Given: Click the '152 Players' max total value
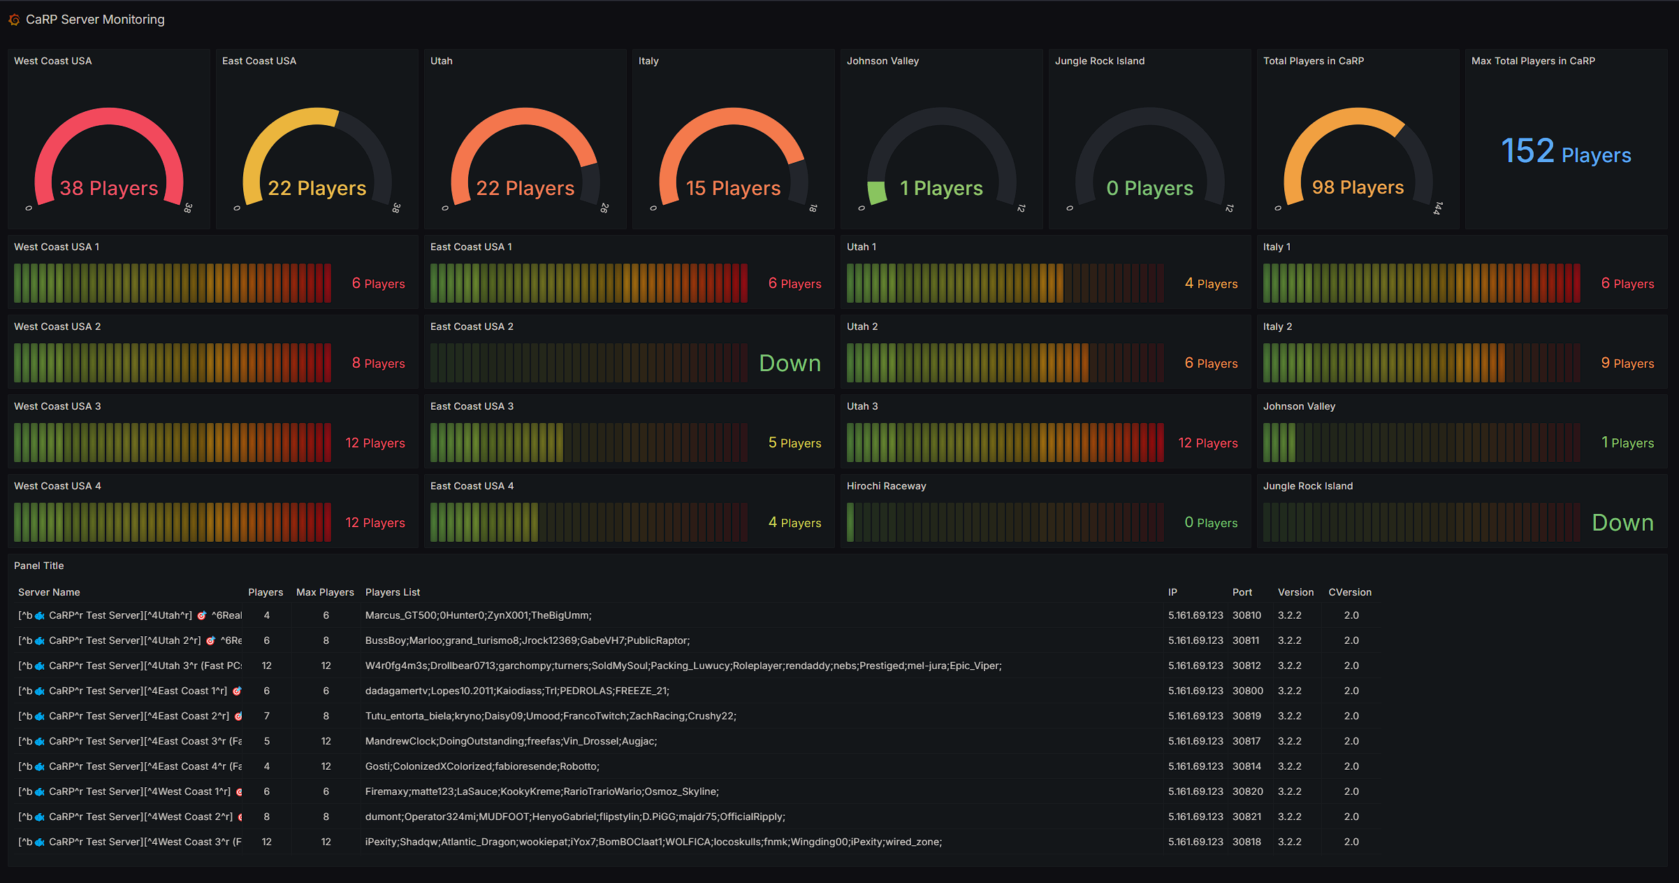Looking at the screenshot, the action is click(x=1566, y=152).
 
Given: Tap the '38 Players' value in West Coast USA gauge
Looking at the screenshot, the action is click(x=109, y=188).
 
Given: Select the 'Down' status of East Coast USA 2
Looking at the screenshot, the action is click(x=790, y=364).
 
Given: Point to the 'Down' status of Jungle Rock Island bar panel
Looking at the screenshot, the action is click(x=1622, y=523).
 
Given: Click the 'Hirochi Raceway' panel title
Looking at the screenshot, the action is click(x=886, y=486).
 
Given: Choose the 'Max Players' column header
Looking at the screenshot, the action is click(x=325, y=592).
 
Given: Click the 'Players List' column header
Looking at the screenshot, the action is click(x=393, y=592).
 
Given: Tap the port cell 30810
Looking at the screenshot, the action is click(x=1246, y=615).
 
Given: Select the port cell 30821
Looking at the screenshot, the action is click(x=1246, y=817).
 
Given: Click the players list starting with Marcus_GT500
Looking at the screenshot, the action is click(x=478, y=615).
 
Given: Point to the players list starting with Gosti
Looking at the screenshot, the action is click(x=482, y=766).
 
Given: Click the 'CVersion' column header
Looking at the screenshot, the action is click(x=1350, y=592).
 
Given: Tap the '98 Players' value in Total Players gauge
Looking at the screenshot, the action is click(x=1358, y=187).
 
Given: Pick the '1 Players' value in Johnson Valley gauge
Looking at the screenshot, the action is click(x=941, y=188).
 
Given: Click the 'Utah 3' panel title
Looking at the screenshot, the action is click(x=862, y=406).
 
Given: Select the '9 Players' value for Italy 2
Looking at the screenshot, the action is click(x=1627, y=363).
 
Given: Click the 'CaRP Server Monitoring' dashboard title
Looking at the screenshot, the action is click(x=95, y=20).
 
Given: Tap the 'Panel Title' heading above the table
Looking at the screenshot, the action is click(x=39, y=566).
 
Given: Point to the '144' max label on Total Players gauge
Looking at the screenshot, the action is click(x=1437, y=208).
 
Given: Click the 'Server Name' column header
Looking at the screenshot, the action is click(x=49, y=592).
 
